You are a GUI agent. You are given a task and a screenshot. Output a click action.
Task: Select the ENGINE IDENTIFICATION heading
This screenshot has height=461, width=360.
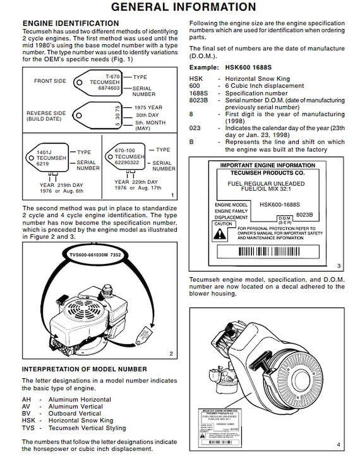point(70,23)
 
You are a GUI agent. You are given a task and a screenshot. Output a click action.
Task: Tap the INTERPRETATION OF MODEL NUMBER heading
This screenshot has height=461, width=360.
point(85,369)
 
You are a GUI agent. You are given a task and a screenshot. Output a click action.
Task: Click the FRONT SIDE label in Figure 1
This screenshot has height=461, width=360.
point(51,81)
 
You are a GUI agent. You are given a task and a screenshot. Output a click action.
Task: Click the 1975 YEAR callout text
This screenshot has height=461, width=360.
point(148,107)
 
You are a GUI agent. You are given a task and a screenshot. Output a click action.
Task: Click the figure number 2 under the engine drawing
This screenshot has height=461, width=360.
point(171,354)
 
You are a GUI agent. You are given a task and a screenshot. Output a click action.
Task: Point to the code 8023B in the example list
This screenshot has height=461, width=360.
point(199,100)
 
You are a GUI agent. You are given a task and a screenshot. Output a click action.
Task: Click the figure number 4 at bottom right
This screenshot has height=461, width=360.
point(338,445)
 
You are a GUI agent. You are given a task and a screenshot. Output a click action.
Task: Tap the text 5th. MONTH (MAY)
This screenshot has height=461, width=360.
point(149,126)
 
